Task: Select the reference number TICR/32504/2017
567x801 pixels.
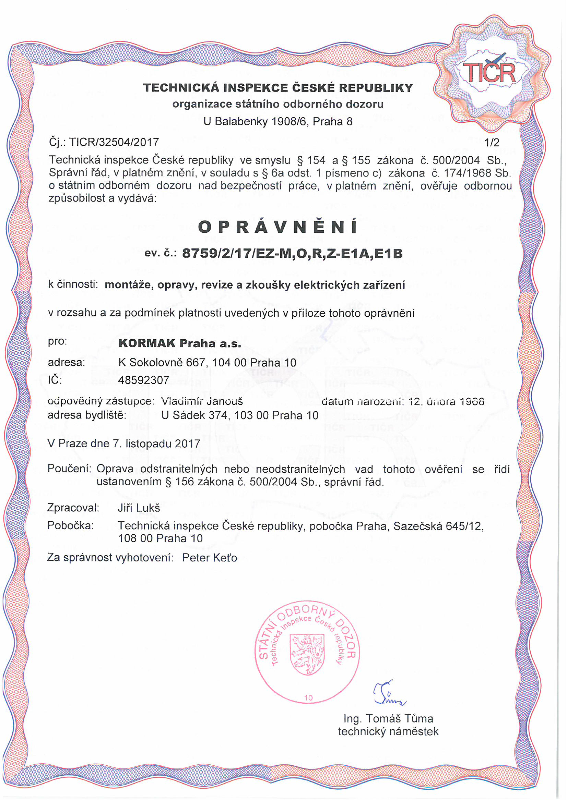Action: [114, 142]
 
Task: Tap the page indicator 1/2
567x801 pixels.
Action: [492, 142]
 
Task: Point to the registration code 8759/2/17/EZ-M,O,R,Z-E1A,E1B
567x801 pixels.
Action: [292, 254]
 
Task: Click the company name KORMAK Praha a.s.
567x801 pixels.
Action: [180, 344]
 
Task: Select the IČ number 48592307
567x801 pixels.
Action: [143, 380]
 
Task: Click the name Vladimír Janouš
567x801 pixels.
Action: [202, 401]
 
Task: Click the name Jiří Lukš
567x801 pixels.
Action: [139, 508]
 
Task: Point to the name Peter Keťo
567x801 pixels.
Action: [210, 558]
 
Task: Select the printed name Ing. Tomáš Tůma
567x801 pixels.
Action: [388, 719]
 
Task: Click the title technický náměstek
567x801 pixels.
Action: [388, 731]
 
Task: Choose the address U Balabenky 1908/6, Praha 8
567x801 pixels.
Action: [278, 121]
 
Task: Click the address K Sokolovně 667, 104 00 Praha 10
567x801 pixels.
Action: [207, 363]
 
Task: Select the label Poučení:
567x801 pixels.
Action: [69, 469]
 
